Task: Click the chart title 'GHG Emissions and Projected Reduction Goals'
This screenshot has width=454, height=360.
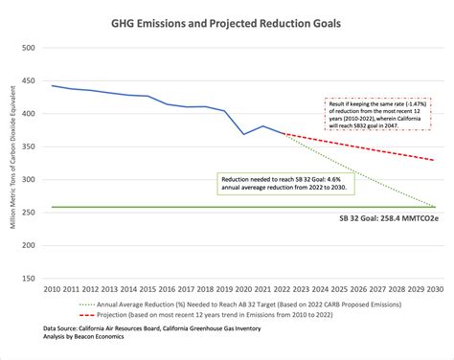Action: click(x=226, y=21)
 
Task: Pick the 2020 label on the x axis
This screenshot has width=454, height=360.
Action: click(x=243, y=287)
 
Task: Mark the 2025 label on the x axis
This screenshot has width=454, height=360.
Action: click(x=340, y=287)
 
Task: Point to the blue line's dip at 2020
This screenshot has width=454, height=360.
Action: click(x=243, y=134)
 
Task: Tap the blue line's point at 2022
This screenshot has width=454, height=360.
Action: click(x=283, y=134)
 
